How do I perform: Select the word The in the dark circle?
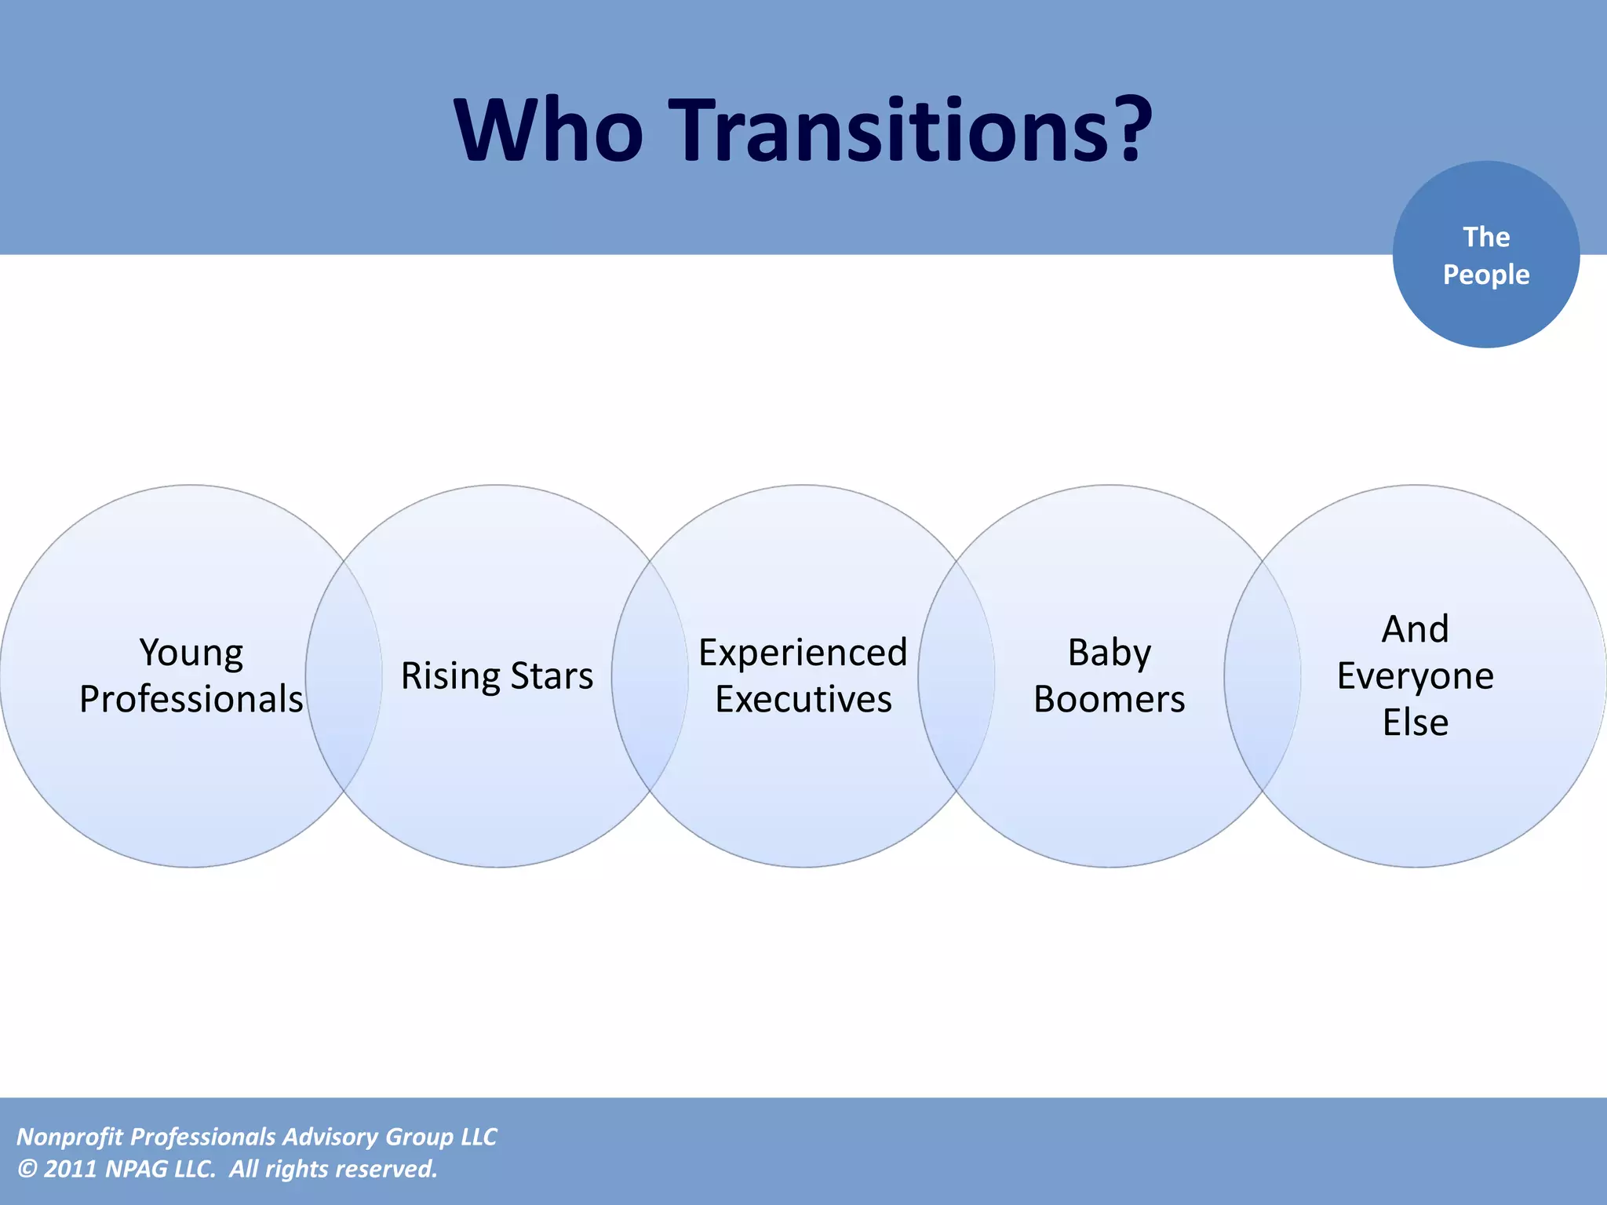coord(1486,237)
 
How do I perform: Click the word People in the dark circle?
coord(1486,275)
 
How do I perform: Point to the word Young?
coord(191,653)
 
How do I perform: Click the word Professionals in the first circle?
coord(191,699)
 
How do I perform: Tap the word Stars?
coord(552,676)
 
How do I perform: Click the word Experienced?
coord(803,653)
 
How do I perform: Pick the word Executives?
coord(803,699)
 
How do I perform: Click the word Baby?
coord(1109,653)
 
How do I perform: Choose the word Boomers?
coord(1109,699)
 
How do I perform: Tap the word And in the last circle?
coord(1415,629)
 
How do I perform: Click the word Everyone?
coord(1415,676)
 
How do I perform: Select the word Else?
coord(1415,722)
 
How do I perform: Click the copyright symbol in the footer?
coord(27,1169)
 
